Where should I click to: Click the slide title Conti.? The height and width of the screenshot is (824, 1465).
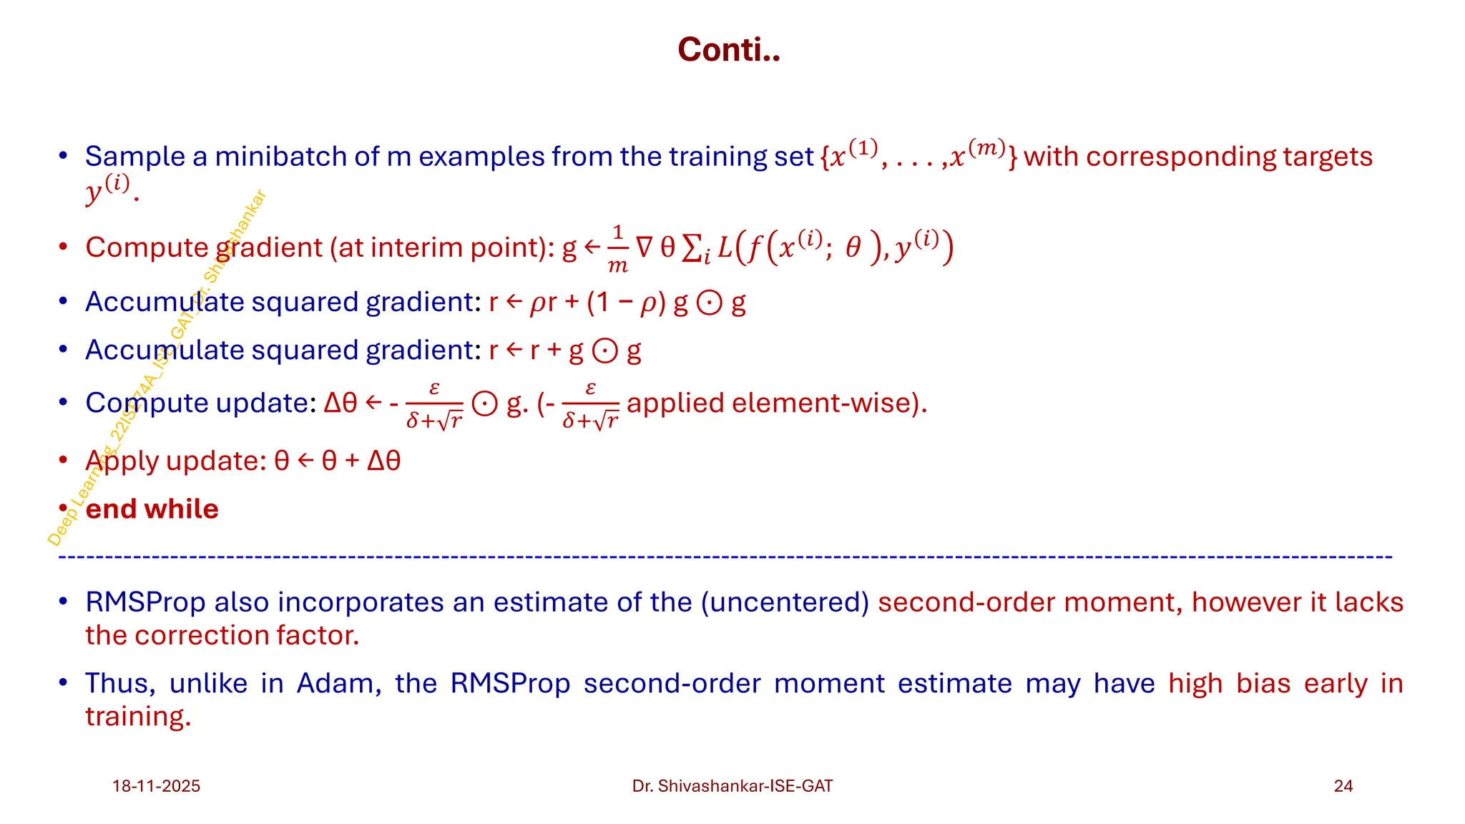pyautogui.click(x=728, y=50)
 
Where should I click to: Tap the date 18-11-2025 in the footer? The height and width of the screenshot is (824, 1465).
pyautogui.click(x=156, y=786)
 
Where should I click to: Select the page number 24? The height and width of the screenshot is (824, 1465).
pyautogui.click(x=1343, y=786)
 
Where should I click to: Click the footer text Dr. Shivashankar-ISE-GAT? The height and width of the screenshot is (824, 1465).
pyautogui.click(x=732, y=786)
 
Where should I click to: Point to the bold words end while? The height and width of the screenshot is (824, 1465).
pyautogui.click(x=152, y=509)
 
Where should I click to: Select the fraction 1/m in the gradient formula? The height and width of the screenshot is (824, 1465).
pyautogui.click(x=617, y=249)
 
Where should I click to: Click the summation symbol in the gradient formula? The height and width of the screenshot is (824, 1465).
pyautogui.click(x=692, y=248)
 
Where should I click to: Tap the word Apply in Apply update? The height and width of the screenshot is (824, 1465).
pyautogui.click(x=121, y=461)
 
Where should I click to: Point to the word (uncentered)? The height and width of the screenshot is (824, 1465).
pyautogui.click(x=785, y=602)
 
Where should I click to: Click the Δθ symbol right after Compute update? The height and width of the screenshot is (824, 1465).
pyautogui.click(x=340, y=403)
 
